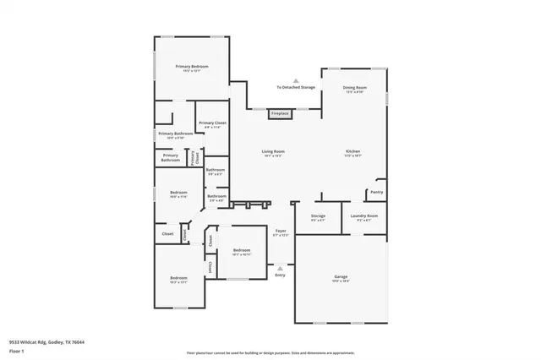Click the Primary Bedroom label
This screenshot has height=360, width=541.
(192, 67)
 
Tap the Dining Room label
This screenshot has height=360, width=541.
(354, 87)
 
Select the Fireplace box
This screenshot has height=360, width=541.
(280, 113)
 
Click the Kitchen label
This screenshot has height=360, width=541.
(352, 151)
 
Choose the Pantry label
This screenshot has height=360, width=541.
(376, 192)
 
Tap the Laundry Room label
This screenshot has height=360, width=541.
(363, 215)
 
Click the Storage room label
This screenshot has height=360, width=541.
(318, 215)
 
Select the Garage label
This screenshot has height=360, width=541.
(341, 276)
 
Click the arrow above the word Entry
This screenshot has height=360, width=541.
(280, 268)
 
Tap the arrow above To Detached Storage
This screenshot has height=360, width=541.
(296, 79)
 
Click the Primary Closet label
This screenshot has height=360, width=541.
(212, 123)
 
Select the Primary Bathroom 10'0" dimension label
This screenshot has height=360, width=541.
(177, 138)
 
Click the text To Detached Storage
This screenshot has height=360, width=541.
(296, 87)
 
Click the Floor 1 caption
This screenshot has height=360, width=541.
(17, 350)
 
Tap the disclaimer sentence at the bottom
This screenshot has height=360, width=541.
(270, 353)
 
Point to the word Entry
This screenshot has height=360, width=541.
(280, 275)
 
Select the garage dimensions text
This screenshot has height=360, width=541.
(341, 281)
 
